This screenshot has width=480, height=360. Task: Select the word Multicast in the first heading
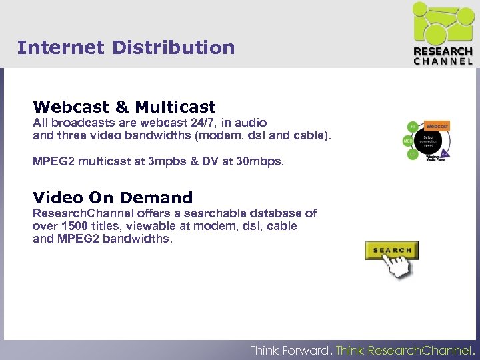coord(175,107)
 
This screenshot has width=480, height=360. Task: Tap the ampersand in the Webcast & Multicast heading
coord(121,107)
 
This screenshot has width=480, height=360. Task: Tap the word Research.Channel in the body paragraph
coord(83,213)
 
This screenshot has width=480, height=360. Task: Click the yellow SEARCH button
coord(391,251)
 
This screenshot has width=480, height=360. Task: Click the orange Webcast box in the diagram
coord(437,125)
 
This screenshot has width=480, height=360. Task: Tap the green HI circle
coord(413,127)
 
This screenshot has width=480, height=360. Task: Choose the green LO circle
coord(413,155)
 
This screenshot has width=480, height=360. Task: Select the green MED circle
coord(408,141)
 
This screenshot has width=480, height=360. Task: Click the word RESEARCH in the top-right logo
coord(443,51)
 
